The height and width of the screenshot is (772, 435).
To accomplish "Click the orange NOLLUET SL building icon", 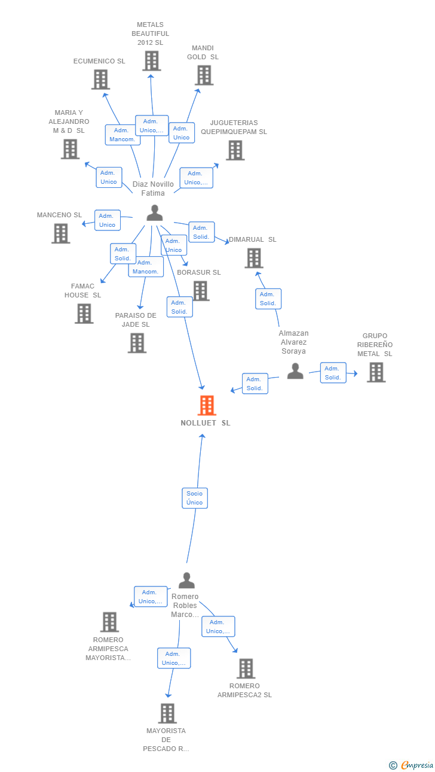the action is [207, 405].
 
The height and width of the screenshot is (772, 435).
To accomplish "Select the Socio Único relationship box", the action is [195, 498].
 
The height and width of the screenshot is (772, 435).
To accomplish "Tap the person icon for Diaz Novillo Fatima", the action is [155, 212].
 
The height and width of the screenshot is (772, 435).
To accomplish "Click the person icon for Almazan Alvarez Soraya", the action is [295, 371].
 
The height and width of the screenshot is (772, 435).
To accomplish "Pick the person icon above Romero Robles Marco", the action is [186, 580].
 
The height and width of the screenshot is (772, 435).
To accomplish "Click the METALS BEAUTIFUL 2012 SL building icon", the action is [152, 61].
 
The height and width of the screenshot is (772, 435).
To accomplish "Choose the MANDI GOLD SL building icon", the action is [204, 75].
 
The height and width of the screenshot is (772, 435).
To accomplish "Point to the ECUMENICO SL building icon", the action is [101, 80].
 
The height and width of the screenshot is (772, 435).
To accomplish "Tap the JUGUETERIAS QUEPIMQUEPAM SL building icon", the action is [235, 151].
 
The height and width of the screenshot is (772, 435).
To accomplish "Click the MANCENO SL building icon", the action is [61, 233].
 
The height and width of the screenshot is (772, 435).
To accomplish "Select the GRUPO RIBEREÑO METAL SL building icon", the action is [376, 373].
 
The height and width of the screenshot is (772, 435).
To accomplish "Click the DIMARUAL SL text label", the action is [253, 239].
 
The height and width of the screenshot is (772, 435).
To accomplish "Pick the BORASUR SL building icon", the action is [201, 291].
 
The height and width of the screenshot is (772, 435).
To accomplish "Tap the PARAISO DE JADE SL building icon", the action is [137, 344].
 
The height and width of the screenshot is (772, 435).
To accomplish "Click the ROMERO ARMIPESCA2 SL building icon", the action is [246, 668].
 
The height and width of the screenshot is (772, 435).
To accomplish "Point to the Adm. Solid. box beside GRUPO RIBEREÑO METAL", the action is [333, 373].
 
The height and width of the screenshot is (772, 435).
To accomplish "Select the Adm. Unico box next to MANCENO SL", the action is [108, 220].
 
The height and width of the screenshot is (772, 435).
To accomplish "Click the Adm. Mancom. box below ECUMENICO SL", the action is [122, 135].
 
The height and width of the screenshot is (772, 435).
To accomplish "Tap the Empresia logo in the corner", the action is [411, 765].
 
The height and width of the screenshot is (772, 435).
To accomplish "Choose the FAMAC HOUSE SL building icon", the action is [84, 314].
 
